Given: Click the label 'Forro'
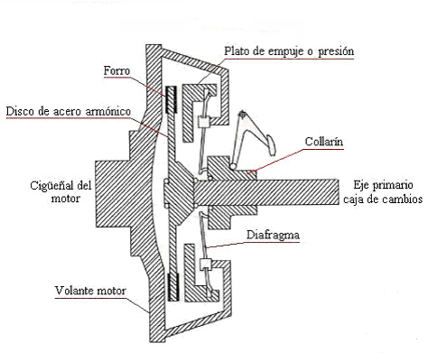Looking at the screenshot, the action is [116, 71].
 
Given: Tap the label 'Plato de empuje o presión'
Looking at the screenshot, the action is [289, 51].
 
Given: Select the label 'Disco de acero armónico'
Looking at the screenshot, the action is [69, 111].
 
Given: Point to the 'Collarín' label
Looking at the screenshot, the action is [324, 142].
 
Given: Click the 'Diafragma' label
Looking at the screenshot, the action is [273, 235].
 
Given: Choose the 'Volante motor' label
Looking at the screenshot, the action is [90, 291].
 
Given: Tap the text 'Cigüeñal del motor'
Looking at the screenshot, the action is [60, 191].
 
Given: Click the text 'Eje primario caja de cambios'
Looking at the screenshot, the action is [383, 191].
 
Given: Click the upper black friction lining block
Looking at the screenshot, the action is [172, 99].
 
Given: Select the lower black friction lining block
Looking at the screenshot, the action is [173, 287].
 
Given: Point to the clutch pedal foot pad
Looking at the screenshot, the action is [270, 144].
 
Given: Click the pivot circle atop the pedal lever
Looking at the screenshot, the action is [242, 115].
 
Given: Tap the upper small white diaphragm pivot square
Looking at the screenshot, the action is [204, 122].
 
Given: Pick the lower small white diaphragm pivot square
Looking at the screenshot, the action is [206, 264].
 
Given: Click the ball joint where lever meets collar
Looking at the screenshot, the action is [232, 166].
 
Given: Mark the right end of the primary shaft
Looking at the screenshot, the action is [339, 191].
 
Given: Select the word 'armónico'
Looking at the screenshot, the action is [108, 111].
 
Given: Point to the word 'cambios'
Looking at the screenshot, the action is [403, 200].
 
